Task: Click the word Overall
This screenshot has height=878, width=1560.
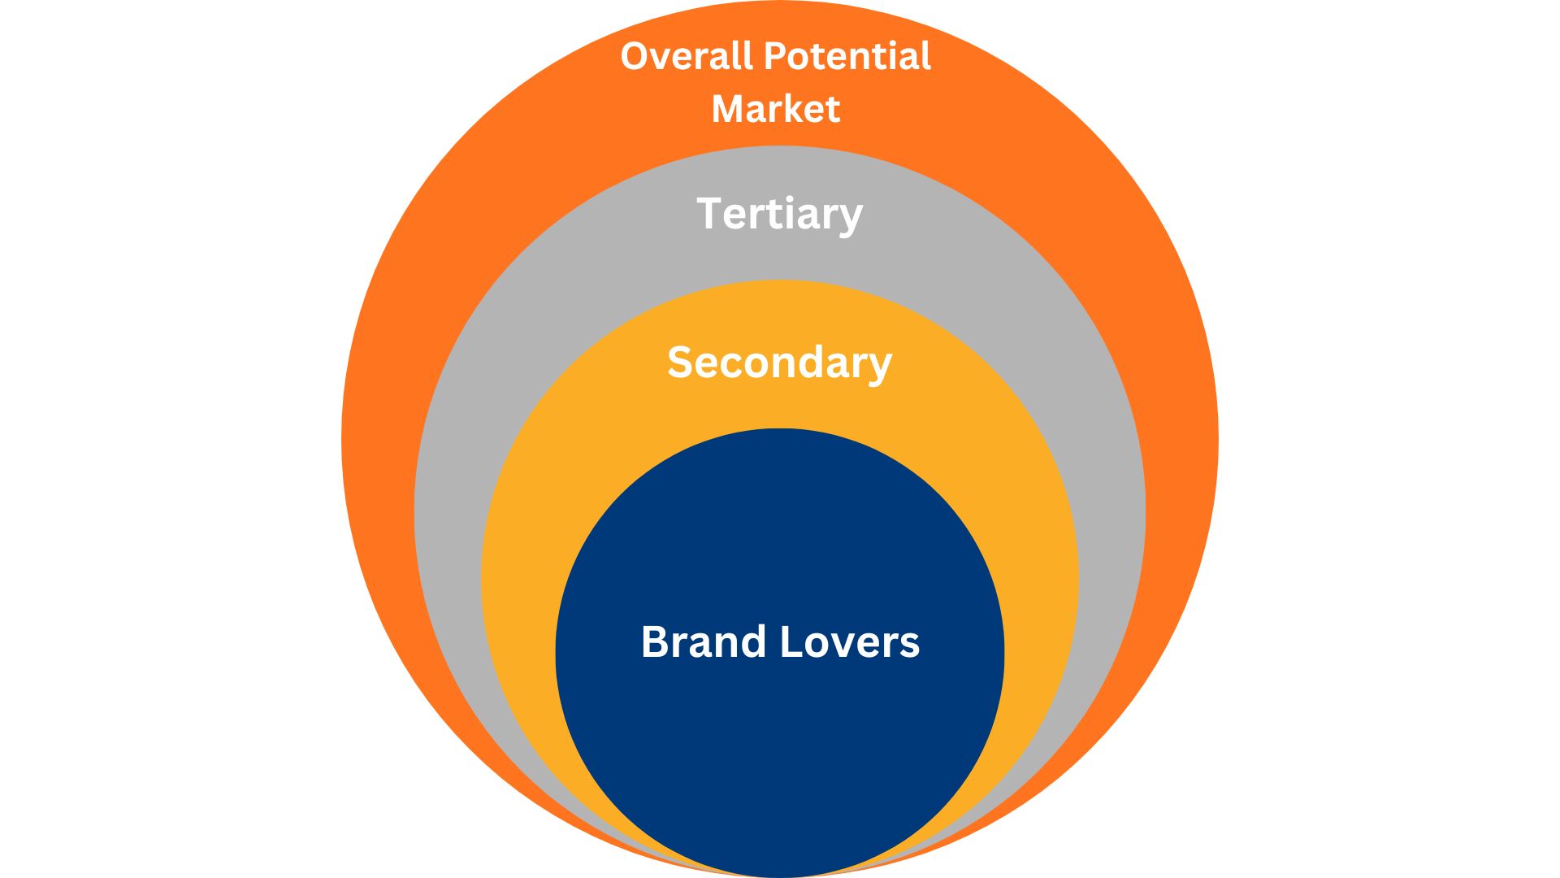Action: pos(687,56)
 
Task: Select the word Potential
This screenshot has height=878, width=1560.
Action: pos(847,56)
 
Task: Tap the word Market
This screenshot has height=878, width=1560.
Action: pos(775,109)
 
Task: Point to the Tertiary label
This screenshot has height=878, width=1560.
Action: pos(779,214)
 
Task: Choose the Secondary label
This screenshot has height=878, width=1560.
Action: pos(779,363)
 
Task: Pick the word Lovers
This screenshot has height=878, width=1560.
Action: pos(850,641)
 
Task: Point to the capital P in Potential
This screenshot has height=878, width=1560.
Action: pos(776,56)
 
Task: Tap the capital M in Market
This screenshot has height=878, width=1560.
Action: pos(727,109)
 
